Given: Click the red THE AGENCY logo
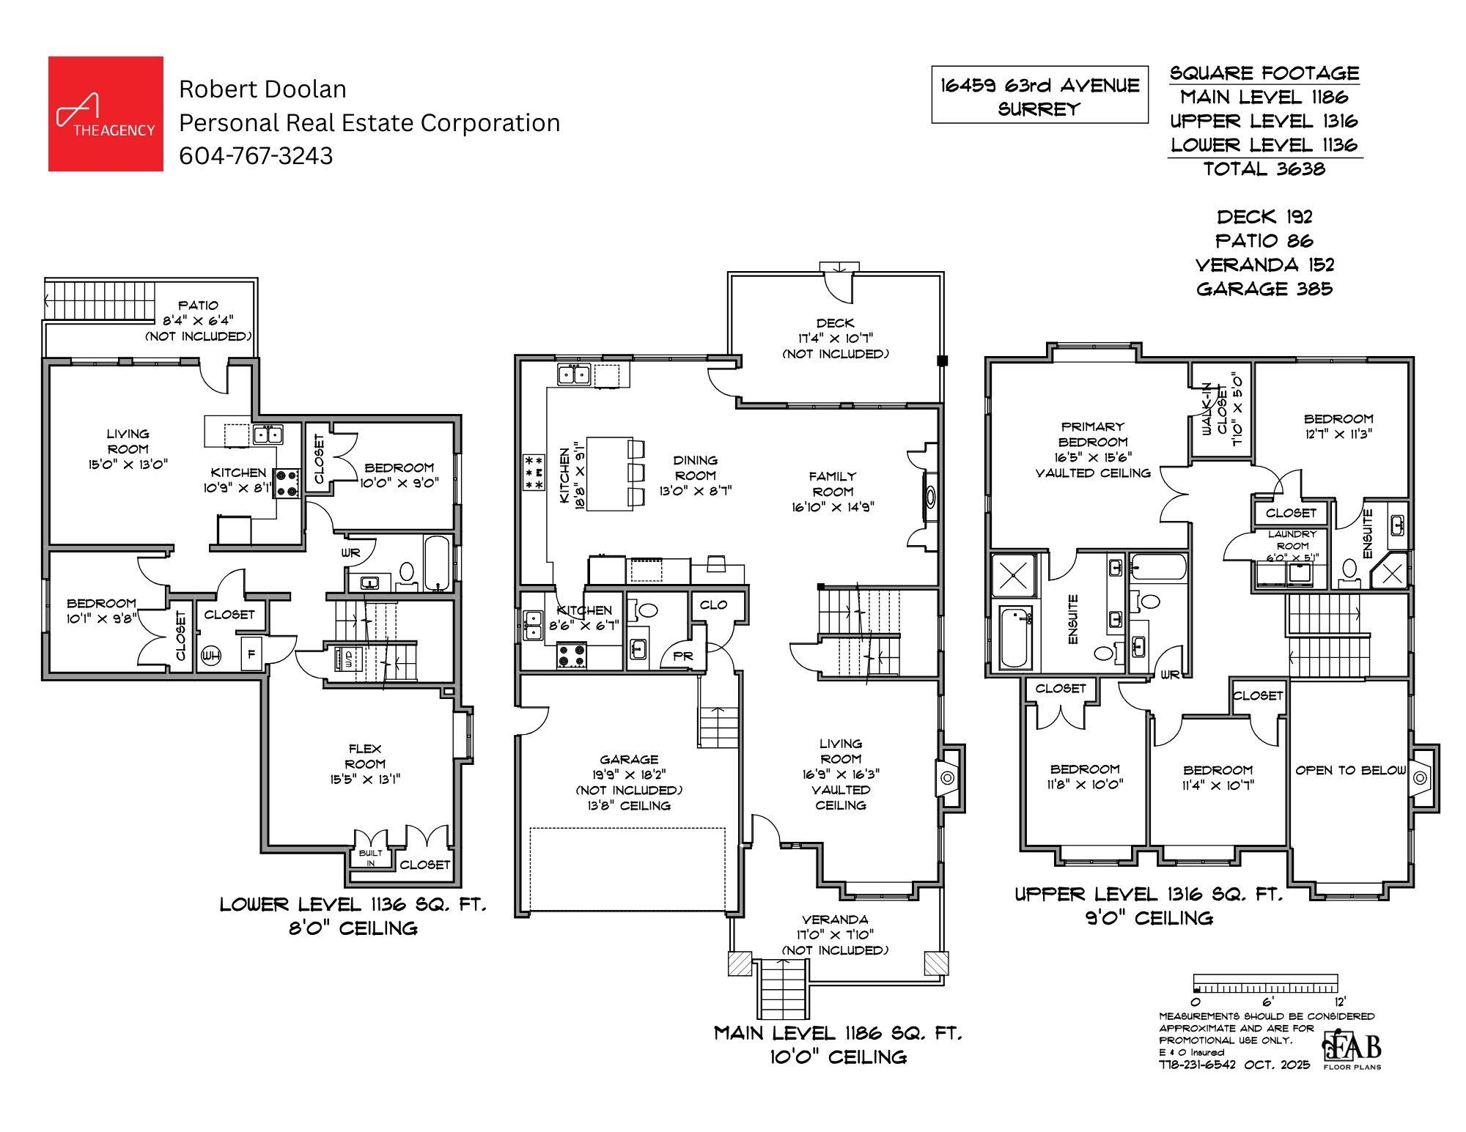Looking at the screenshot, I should [106, 114].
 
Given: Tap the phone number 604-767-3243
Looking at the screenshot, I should [256, 155].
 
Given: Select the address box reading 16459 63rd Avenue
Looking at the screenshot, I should [1039, 96].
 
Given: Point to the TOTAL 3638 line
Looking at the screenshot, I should [1264, 169].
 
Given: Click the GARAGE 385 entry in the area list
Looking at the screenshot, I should [1264, 289].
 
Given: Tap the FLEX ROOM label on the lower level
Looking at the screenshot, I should [365, 755].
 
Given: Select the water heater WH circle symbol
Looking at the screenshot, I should [211, 655].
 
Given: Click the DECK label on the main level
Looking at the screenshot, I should [835, 323].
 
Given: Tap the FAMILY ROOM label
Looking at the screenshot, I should [833, 484].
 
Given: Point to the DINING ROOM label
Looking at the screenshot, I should [695, 467].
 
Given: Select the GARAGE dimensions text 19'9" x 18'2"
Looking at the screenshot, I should [629, 775].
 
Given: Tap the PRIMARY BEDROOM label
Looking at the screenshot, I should [1092, 434].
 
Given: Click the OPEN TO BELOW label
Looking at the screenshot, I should [1350, 770].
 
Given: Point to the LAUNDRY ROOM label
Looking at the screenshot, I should [1292, 540].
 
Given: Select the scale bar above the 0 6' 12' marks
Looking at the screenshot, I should [1265, 983].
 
